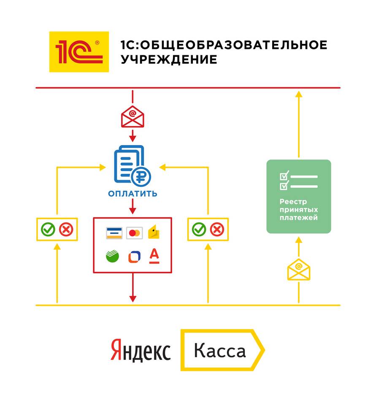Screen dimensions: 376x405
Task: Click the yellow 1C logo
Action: pos(79,51)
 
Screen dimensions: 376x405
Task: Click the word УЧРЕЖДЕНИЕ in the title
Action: pos(169,59)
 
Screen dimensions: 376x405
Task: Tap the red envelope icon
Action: pos(133,116)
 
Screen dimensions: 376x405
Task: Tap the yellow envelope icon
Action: pos(299,270)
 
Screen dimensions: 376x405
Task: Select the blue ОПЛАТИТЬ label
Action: pos(133,194)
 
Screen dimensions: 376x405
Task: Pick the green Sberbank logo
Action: pos(112,256)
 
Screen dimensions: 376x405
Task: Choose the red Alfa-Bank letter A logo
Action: pos(154,256)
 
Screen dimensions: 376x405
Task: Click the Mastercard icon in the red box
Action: pos(134,233)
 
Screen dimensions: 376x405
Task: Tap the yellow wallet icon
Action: pos(154,232)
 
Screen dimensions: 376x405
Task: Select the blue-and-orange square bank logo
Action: pos(134,257)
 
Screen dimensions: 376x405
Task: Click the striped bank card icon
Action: pos(114,233)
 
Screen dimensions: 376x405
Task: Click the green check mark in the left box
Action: pos(48,229)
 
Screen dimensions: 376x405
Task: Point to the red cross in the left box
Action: pos(66,229)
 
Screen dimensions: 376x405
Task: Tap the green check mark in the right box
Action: pos(199,229)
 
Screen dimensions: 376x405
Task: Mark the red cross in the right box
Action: pos(217,229)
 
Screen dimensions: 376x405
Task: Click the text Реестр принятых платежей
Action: pos(299,210)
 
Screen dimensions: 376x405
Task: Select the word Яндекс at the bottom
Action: pos(141,350)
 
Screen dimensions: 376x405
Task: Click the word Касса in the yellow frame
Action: pos(220,350)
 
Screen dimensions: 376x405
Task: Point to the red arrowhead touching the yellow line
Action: pos(133,299)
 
